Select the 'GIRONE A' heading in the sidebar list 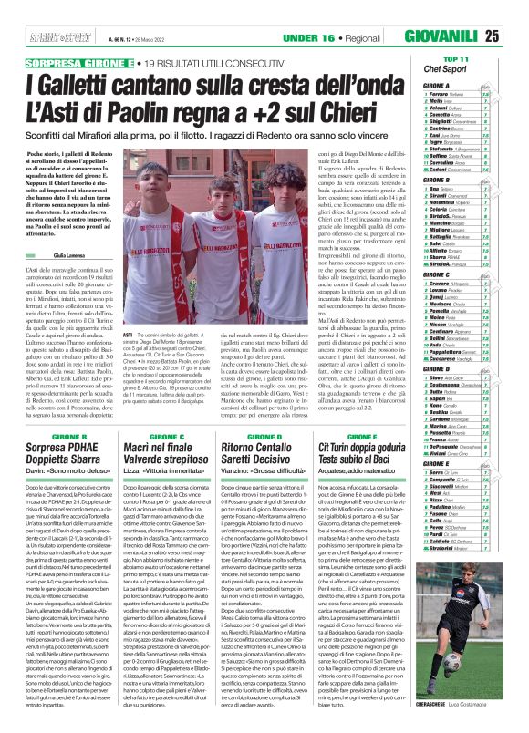coord(437,85)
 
